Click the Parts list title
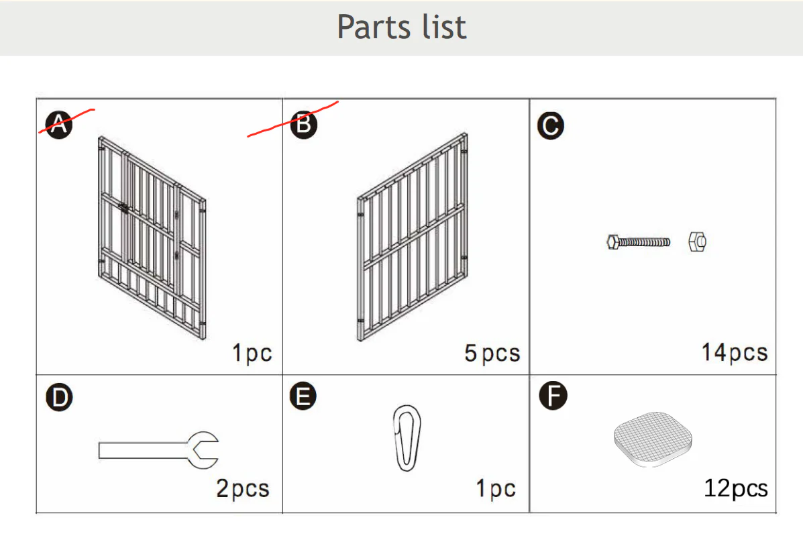pos(401,27)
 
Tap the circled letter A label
pos(59,125)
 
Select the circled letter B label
pos(304,125)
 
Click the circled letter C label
pos(551,125)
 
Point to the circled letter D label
pos(60,398)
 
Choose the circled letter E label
pos(303,396)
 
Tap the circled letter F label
pos(553,396)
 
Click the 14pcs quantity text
pos(735,353)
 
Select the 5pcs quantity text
pos(492,353)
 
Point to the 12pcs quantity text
pos(736,488)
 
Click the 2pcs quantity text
pos(243,489)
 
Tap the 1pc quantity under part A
pos(252,353)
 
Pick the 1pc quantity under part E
pos(496,489)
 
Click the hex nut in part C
pos(698,241)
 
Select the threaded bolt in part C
pos(638,241)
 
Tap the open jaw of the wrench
pos(204,449)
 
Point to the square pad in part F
pos(653,439)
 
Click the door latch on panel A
pos(123,208)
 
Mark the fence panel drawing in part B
pos(413,237)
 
